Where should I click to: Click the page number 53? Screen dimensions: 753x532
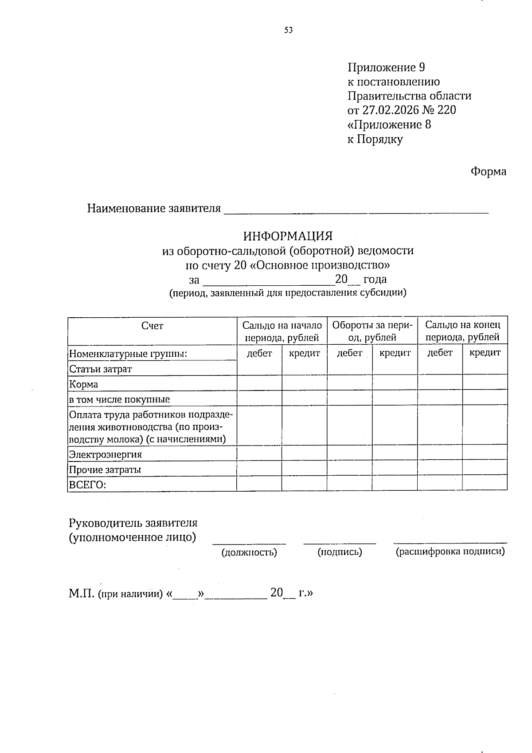(289, 30)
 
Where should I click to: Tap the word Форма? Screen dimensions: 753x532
(488, 172)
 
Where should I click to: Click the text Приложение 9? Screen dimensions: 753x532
(386, 67)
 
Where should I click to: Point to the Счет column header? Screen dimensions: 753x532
(152, 326)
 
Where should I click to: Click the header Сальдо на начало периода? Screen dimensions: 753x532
(282, 331)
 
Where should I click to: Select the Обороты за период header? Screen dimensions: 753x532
(372, 331)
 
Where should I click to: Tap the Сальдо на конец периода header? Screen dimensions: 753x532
(462, 331)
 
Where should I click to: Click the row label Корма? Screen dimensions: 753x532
(83, 384)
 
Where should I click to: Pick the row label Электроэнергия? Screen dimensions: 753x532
(105, 454)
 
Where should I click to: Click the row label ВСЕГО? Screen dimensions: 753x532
(87, 485)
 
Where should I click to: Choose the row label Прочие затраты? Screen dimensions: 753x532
(105, 469)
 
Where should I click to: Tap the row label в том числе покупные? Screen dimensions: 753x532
(119, 399)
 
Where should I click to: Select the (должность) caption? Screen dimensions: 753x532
(249, 552)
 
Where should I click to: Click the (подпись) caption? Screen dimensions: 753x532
(340, 552)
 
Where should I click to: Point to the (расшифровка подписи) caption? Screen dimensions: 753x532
(450, 552)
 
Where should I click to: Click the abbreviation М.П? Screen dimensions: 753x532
(81, 594)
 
